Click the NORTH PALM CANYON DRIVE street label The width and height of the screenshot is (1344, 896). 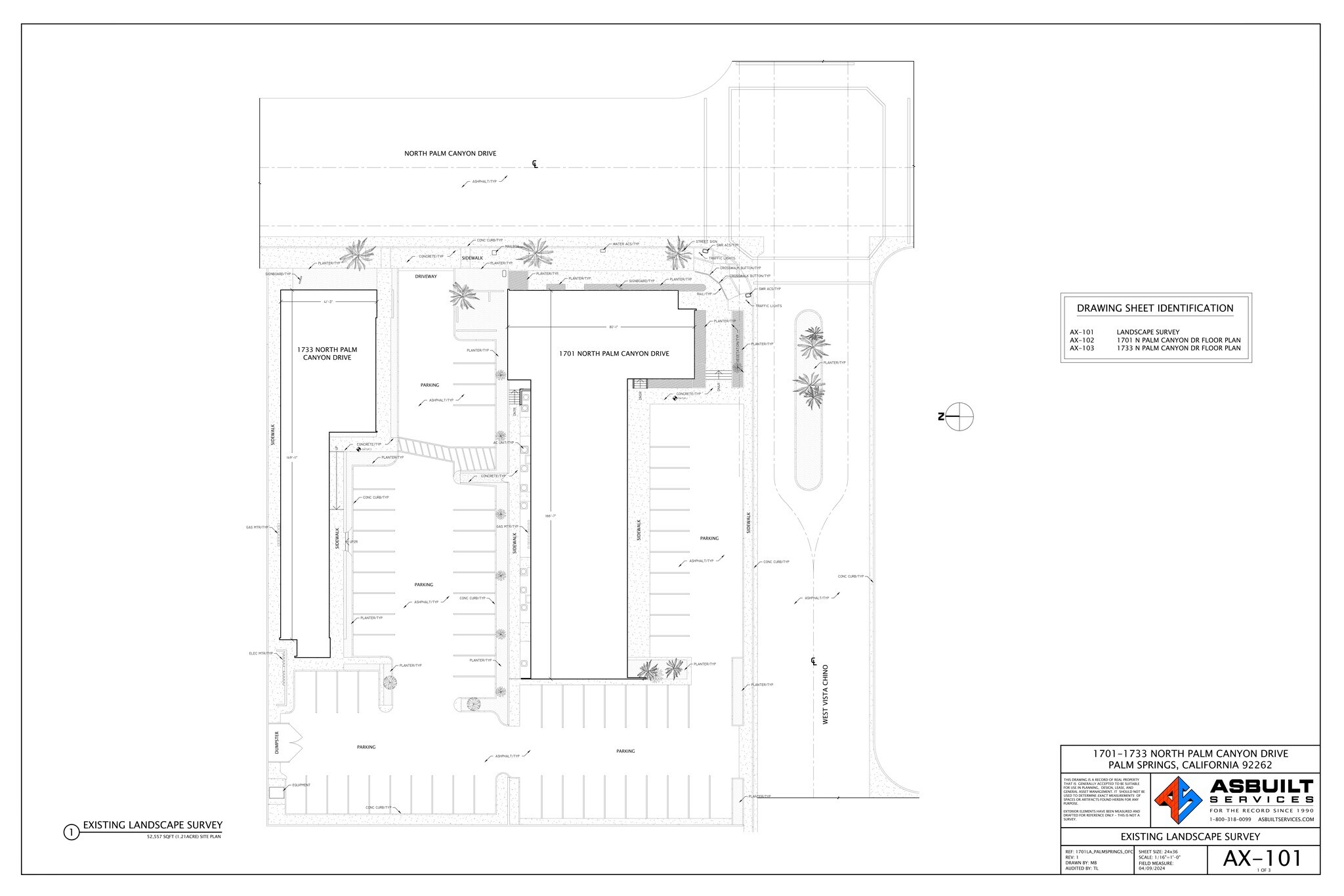(450, 154)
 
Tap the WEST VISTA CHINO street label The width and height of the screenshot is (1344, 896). (826, 694)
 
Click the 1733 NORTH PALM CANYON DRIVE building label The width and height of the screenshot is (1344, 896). (327, 354)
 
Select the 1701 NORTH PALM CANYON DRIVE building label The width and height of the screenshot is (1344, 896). (614, 354)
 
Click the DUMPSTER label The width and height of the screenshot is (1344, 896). (277, 746)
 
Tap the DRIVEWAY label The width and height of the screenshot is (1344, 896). (426, 276)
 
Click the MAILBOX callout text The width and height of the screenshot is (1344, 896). (512, 247)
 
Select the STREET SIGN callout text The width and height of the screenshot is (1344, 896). (706, 242)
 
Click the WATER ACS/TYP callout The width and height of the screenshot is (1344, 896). (625, 244)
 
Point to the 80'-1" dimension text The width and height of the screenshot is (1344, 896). (614, 327)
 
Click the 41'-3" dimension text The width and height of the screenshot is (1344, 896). (328, 302)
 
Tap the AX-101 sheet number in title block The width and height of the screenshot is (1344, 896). (1262, 858)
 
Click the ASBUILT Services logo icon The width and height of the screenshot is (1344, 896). (1179, 800)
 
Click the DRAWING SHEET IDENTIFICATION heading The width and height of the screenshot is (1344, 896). (1155, 309)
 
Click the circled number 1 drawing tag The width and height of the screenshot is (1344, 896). (71, 833)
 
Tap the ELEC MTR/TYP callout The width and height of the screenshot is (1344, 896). (261, 653)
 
